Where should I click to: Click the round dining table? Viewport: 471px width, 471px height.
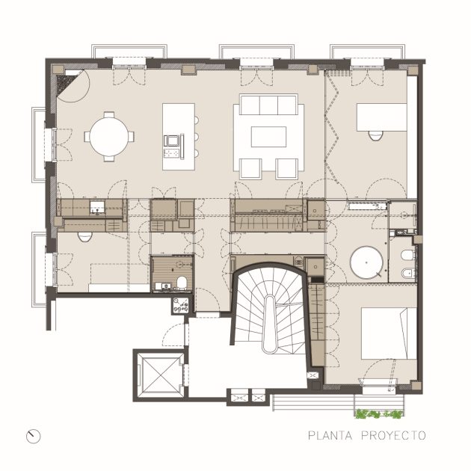(x=108, y=137)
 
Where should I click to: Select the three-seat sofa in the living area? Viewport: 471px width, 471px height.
(x=268, y=105)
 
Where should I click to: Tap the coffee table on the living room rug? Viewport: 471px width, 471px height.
(x=268, y=137)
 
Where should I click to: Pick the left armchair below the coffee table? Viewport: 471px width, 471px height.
(x=250, y=169)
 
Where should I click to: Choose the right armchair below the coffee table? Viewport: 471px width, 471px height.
(x=287, y=169)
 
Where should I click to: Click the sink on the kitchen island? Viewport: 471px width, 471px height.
(x=171, y=141)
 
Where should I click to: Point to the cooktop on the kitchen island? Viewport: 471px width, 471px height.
(x=171, y=153)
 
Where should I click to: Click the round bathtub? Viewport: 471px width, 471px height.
(x=366, y=262)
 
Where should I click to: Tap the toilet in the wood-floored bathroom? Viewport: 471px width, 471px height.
(x=182, y=283)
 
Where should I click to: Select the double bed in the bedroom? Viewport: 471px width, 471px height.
(x=389, y=333)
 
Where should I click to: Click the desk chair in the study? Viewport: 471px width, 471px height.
(x=375, y=136)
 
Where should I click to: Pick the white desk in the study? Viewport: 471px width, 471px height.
(x=382, y=117)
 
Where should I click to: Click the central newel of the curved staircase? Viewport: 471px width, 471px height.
(x=269, y=324)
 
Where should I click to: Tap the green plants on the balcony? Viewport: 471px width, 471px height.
(x=379, y=414)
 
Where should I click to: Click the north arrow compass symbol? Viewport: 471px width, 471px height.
(x=33, y=436)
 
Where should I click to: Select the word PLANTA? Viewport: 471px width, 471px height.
(x=330, y=436)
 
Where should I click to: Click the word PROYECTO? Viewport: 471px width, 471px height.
(x=393, y=436)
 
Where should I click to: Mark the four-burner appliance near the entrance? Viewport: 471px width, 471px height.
(x=180, y=306)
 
